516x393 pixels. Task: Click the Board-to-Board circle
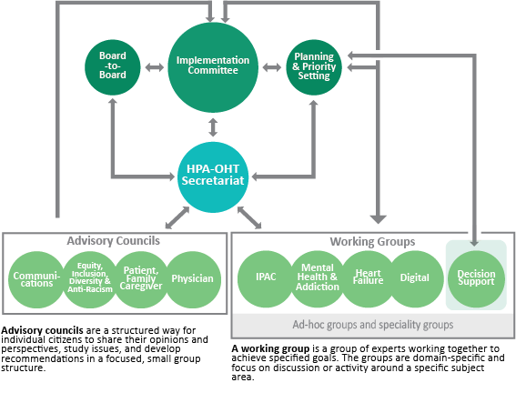pyautogui.click(x=113, y=67)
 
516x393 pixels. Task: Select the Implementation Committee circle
pyautogui.click(x=213, y=67)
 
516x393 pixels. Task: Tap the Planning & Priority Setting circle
pyautogui.click(x=314, y=67)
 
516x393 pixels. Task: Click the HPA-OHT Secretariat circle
pyautogui.click(x=213, y=176)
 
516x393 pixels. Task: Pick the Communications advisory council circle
pyautogui.click(x=36, y=279)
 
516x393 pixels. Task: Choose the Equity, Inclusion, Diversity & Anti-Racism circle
pyautogui.click(x=90, y=279)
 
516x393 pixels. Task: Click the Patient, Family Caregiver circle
pyautogui.click(x=141, y=279)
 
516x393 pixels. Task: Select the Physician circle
pyautogui.click(x=193, y=279)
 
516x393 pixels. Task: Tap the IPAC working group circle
pyautogui.click(x=266, y=279)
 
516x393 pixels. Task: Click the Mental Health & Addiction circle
pyautogui.click(x=318, y=279)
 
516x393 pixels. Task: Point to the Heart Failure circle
pyautogui.click(x=368, y=279)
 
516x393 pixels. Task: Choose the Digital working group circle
pyautogui.click(x=415, y=279)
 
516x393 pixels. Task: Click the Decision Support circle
pyautogui.click(x=476, y=279)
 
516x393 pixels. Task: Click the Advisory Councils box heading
pyautogui.click(x=114, y=241)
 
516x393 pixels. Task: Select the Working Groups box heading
pyautogui.click(x=372, y=242)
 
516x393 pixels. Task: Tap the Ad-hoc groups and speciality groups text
pyautogui.click(x=373, y=325)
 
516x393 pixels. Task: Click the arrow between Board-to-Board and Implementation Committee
pyautogui.click(x=155, y=67)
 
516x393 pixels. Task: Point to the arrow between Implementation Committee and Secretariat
pyautogui.click(x=213, y=127)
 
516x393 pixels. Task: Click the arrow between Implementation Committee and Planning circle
pyautogui.click(x=272, y=67)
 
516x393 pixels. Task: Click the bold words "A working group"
pyautogui.click(x=270, y=349)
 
